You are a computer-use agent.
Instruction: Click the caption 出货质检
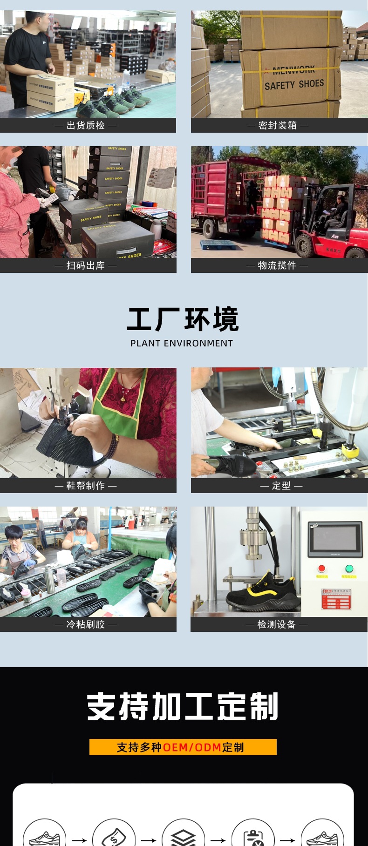(86, 125)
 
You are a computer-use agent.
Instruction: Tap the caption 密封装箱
(278, 125)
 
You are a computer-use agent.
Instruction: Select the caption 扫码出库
(86, 265)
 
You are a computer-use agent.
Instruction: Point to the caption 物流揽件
(277, 265)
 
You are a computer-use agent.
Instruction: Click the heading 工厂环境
(183, 319)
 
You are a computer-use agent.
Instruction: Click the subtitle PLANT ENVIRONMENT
(182, 343)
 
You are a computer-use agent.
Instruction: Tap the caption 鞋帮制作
(86, 486)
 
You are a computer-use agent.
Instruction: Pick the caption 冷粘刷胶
(86, 624)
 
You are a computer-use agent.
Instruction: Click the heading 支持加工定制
(183, 707)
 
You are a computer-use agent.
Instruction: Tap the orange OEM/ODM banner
(183, 747)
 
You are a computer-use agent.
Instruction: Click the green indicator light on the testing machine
(349, 569)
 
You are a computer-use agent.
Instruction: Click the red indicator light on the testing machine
(321, 569)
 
